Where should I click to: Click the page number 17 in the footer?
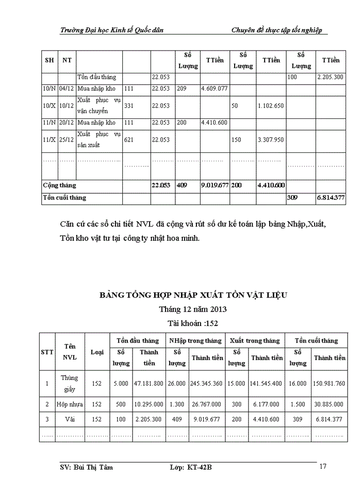click(x=323, y=467)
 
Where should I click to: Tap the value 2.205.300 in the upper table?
click(x=331, y=77)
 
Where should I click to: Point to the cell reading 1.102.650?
click(x=271, y=105)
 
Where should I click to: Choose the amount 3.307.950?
click(x=271, y=139)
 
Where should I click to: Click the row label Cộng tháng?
click(x=59, y=185)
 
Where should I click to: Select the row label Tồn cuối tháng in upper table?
click(x=64, y=197)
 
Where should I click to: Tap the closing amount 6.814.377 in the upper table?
click(x=331, y=197)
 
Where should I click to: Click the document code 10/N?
click(x=50, y=88)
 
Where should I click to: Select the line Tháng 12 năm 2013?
click(x=193, y=309)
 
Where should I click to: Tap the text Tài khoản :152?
click(x=193, y=323)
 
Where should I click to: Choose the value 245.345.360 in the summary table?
click(x=207, y=384)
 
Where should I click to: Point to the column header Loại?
click(x=97, y=352)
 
